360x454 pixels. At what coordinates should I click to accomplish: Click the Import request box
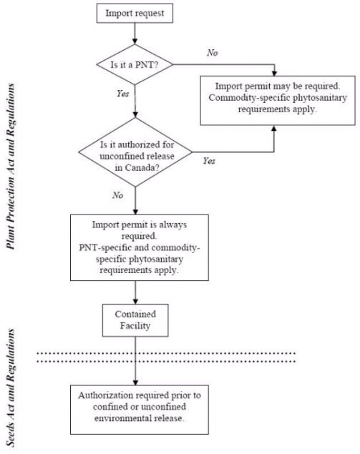pyautogui.click(x=135, y=14)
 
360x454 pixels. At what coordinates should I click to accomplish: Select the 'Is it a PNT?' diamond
pyautogui.click(x=135, y=64)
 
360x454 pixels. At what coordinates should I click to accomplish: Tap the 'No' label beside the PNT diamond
pyautogui.click(x=212, y=53)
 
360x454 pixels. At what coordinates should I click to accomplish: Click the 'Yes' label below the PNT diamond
pyautogui.click(x=122, y=93)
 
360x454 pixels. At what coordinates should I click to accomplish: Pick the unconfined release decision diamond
pyautogui.click(x=135, y=152)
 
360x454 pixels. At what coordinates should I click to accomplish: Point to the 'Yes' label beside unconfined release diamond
pyautogui.click(x=209, y=161)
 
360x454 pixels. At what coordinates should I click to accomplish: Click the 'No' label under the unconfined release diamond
pyautogui.click(x=118, y=195)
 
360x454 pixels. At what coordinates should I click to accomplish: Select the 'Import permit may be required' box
pyautogui.click(x=278, y=101)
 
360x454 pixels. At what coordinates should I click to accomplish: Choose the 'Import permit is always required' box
pyautogui.click(x=140, y=247)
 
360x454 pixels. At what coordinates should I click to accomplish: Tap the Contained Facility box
pyautogui.click(x=135, y=320)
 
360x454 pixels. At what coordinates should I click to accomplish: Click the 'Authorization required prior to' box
pyautogui.click(x=140, y=410)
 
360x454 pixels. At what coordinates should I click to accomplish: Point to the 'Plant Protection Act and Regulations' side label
pyautogui.click(x=11, y=167)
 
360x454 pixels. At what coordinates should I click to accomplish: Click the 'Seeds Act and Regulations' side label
pyautogui.click(x=11, y=388)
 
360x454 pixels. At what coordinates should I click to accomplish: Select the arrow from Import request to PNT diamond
pyautogui.click(x=135, y=34)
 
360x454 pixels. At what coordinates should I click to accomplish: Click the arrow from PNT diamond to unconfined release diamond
pyautogui.click(x=135, y=101)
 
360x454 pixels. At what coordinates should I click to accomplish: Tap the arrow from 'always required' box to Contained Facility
pyautogui.click(x=135, y=292)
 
